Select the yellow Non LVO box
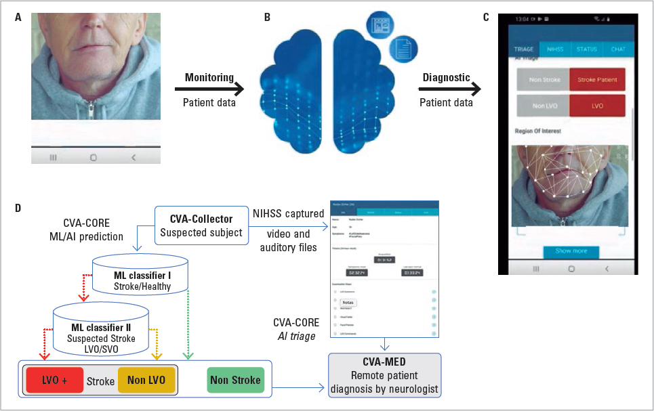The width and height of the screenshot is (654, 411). (146, 381)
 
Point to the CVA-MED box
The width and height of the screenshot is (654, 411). (385, 374)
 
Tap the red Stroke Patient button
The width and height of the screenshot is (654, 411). (596, 79)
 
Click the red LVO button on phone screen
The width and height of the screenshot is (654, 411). (596, 106)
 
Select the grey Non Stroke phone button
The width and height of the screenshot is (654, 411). (542, 79)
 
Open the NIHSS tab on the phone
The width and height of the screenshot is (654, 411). (554, 49)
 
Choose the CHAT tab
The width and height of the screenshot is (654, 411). (617, 49)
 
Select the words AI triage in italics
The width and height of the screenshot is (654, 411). (296, 337)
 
